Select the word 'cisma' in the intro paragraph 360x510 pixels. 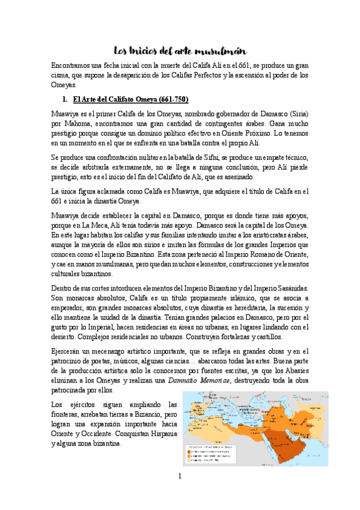[64, 75]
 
